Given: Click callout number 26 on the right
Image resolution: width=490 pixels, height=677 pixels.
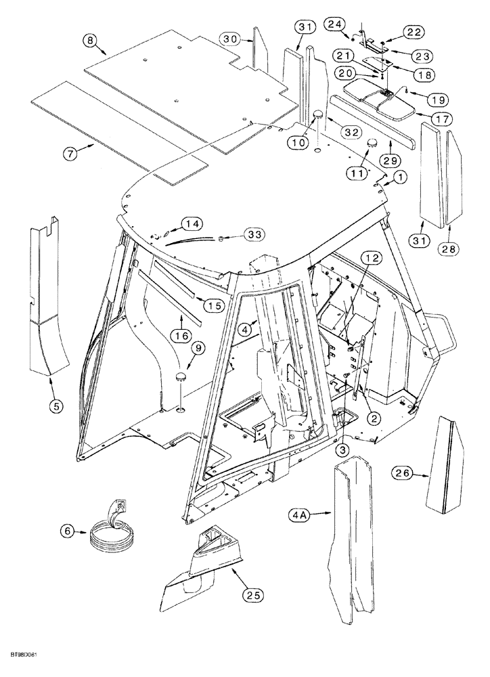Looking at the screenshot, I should [x=400, y=474].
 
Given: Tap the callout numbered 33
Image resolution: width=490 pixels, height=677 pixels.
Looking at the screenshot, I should [x=254, y=234].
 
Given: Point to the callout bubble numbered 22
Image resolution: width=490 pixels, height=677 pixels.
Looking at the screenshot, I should [x=414, y=31].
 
